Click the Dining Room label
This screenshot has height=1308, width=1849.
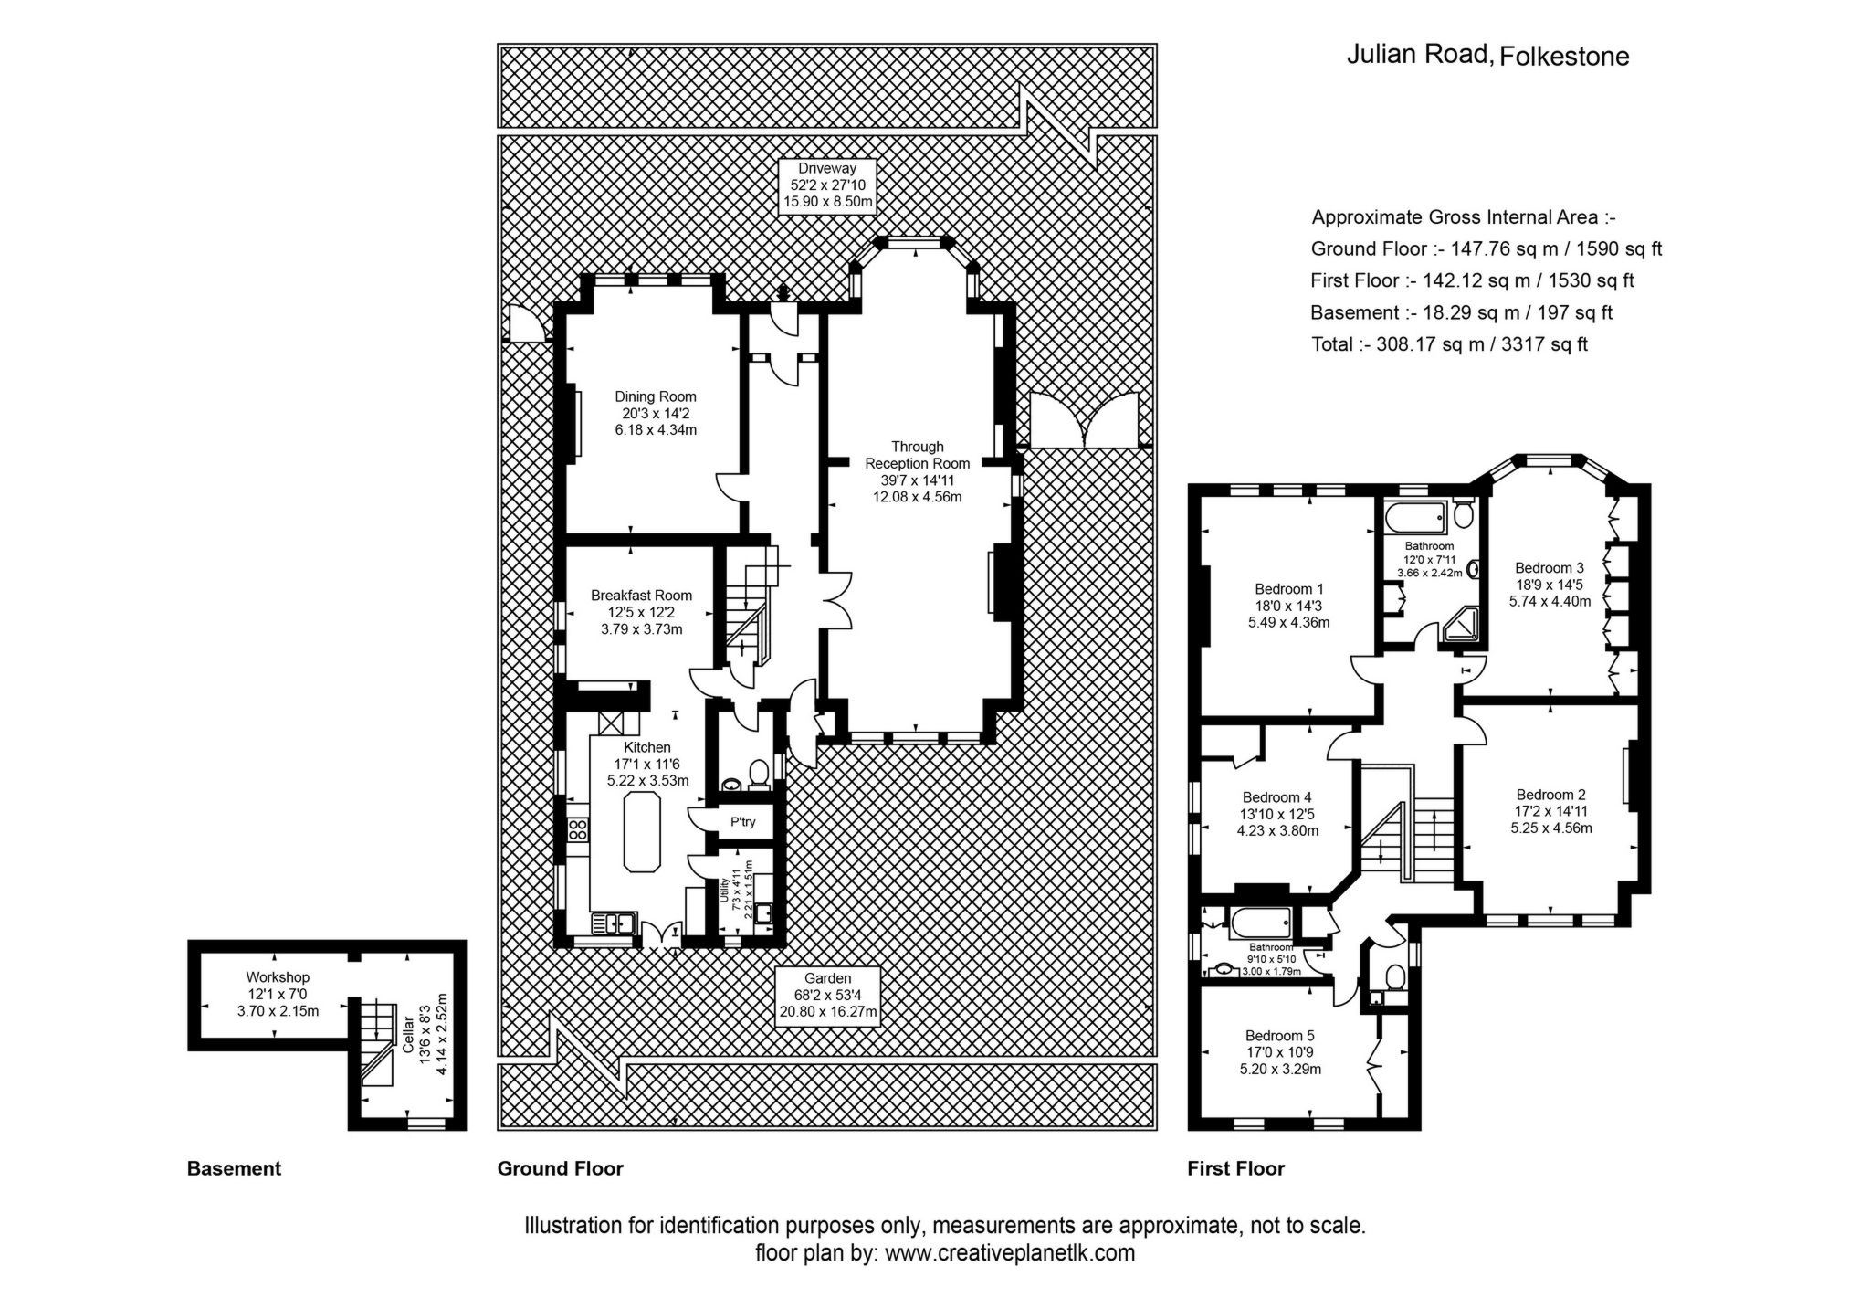coord(655,413)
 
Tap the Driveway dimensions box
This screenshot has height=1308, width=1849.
coord(826,185)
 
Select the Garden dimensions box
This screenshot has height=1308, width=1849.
coord(827,995)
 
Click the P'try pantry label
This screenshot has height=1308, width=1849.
coord(743,822)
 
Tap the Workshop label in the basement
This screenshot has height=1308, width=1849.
coord(278,994)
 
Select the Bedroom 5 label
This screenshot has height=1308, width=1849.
coord(1279,1051)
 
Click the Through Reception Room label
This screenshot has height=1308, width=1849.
coord(917,471)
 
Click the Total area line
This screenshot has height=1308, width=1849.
coord(1448,344)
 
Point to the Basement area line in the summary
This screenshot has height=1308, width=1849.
coord(1460,312)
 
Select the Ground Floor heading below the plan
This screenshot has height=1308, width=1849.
coord(560,1168)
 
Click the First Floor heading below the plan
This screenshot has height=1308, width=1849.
coord(1235,1168)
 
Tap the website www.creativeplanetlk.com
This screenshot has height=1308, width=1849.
coord(1010,1252)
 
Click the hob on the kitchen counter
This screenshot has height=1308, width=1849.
coord(577,829)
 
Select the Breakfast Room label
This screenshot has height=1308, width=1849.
coord(641,612)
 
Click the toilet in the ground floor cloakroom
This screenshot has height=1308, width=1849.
coord(758,774)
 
